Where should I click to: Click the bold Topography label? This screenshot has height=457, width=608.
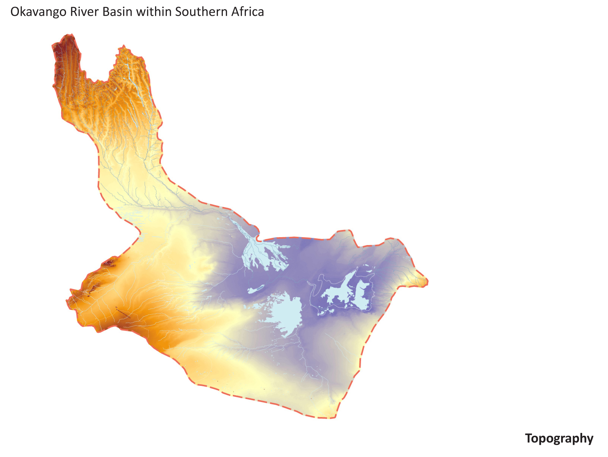pos(559,438)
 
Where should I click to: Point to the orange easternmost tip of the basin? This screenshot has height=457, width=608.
pos(424,281)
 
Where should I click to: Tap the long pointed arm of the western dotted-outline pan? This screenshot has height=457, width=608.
pos(350,277)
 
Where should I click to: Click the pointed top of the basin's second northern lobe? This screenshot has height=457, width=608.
pos(123,47)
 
